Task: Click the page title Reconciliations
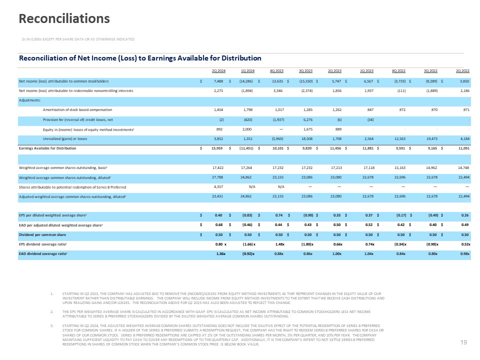[x=64, y=19]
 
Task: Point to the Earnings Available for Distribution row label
[x=54, y=148]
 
